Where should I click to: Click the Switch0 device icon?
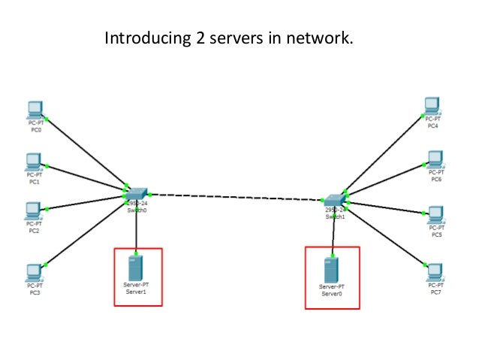137,193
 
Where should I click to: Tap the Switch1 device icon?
335,198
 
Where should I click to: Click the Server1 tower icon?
135,267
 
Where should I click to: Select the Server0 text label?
331,294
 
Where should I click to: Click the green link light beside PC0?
47,118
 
